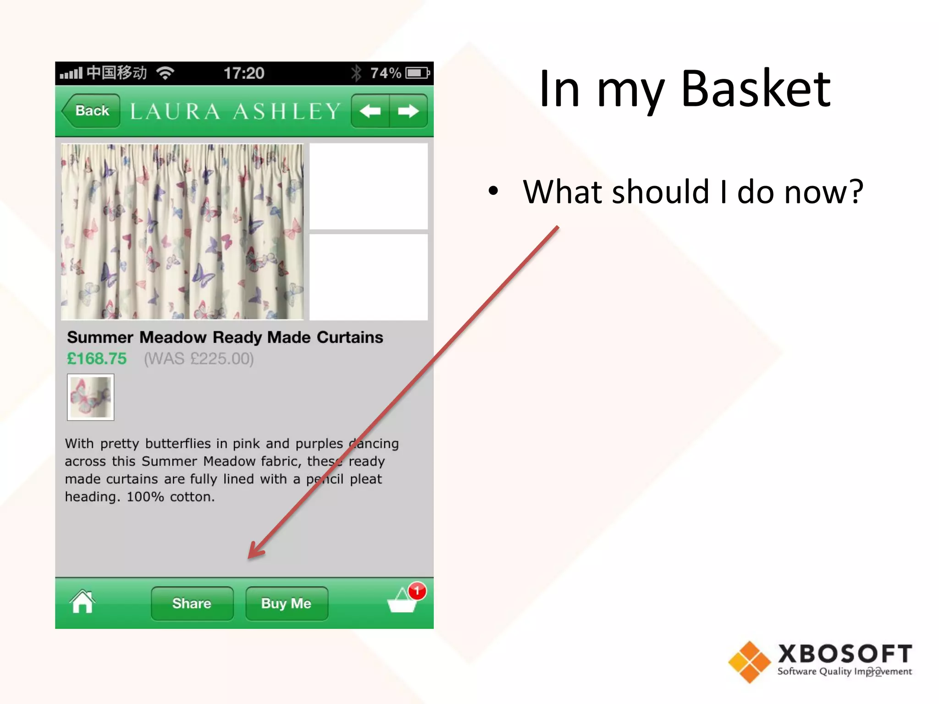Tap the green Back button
[92, 111]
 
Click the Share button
[192, 603]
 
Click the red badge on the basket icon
[417, 591]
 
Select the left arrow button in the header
[370, 111]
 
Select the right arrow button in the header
[408, 111]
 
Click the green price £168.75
[97, 358]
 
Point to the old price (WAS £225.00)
[199, 358]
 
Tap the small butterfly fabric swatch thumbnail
[90, 397]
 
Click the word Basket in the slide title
[756, 89]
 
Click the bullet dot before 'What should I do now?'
[493, 191]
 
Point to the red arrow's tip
[250, 556]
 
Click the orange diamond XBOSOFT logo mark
[749, 662]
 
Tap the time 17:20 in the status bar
[244, 73]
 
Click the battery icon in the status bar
[417, 73]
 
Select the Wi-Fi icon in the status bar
[165, 73]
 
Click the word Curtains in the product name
[350, 337]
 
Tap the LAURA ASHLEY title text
[236, 111]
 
